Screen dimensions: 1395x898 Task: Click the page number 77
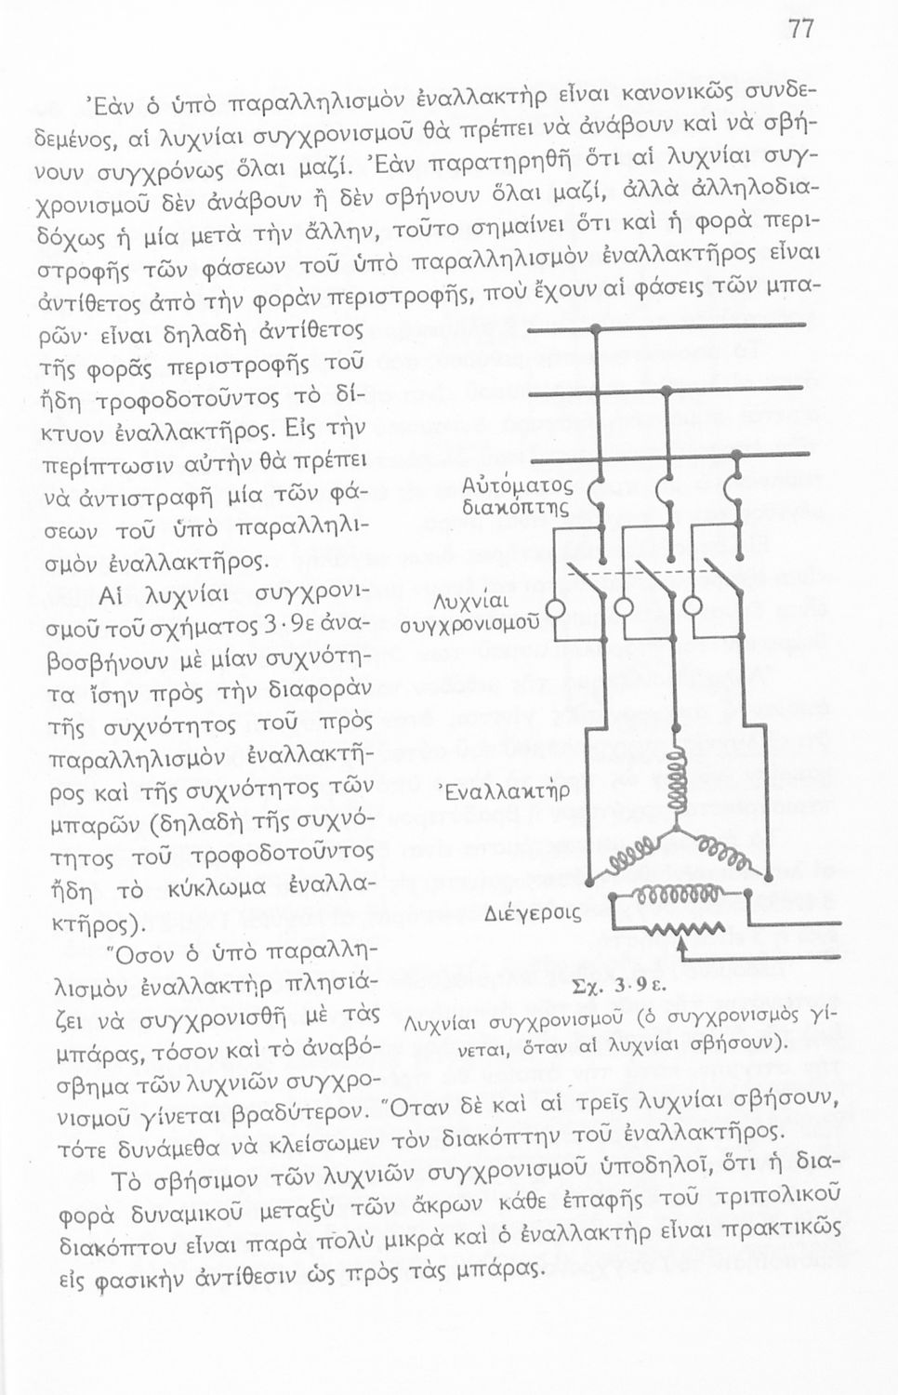tap(800, 29)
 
